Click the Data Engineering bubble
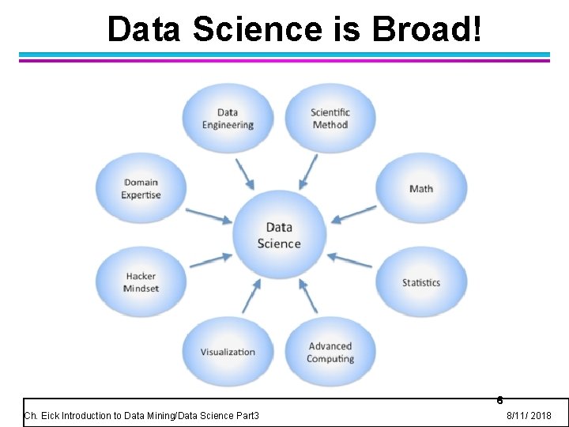[x=228, y=119]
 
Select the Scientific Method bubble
[x=330, y=119]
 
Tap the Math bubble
[x=421, y=188]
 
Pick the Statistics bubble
[x=421, y=282]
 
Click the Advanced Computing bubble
[x=330, y=352]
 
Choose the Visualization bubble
[x=228, y=352]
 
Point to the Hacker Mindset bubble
[x=141, y=282]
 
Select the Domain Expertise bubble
[x=141, y=188]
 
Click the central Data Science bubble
[x=279, y=235]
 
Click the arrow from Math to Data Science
[x=354, y=213]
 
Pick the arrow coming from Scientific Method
[x=309, y=171]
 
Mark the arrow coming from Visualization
[x=251, y=296]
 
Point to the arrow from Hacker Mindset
[x=211, y=259]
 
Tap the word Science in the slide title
[x=258, y=29]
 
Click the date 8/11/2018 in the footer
[x=529, y=416]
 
